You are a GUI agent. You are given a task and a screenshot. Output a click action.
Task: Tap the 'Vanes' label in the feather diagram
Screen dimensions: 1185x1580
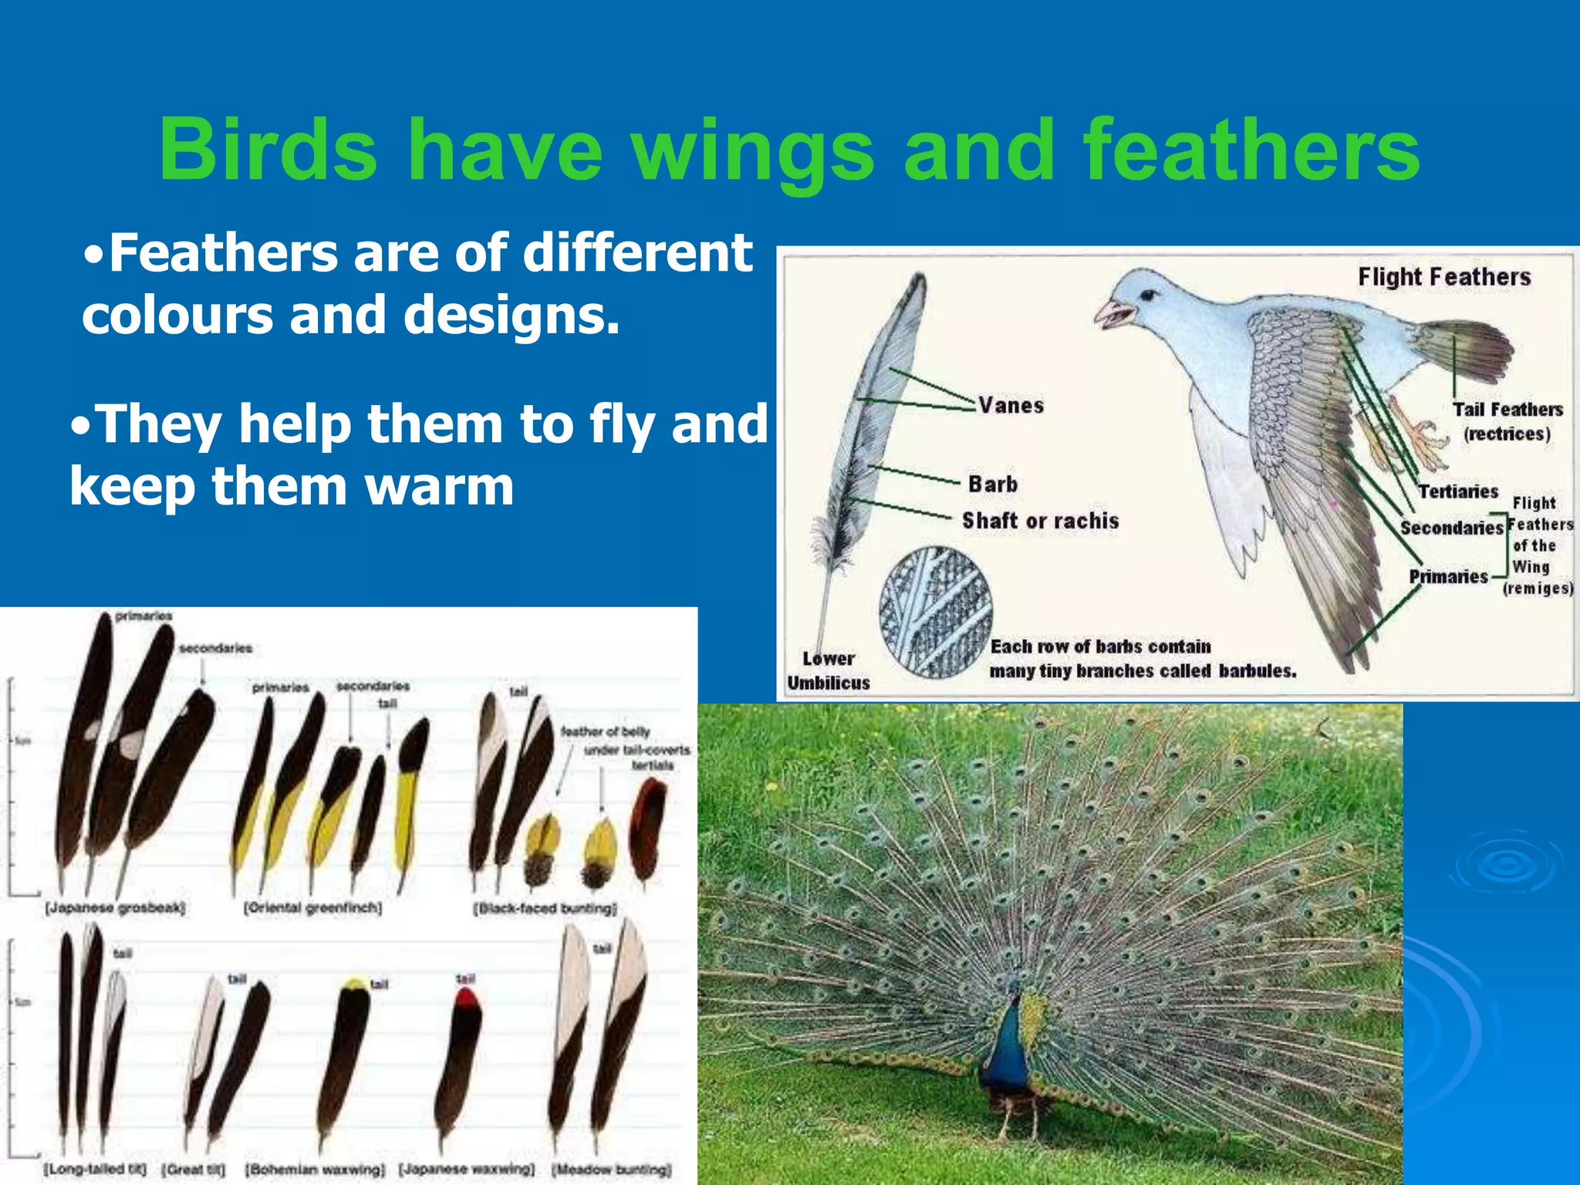[1011, 406]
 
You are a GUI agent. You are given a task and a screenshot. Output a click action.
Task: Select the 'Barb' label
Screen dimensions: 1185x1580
[993, 484]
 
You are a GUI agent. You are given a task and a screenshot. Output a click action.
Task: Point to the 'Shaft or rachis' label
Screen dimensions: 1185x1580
[1040, 521]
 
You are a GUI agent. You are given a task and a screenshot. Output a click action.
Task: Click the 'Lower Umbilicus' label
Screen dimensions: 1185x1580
[829, 670]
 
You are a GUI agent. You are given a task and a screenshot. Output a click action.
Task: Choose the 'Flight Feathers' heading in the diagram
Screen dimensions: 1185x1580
[1443, 277]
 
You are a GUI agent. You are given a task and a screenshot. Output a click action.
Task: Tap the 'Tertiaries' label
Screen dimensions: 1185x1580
[1457, 491]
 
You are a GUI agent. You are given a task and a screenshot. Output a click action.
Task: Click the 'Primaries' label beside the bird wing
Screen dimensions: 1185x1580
[1448, 576]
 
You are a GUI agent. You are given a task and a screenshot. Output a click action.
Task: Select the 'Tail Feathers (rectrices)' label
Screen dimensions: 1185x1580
[1507, 421]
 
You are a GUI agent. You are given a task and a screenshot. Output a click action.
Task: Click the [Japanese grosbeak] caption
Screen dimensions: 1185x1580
[115, 908]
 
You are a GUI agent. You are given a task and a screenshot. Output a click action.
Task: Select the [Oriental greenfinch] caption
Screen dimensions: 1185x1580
[313, 908]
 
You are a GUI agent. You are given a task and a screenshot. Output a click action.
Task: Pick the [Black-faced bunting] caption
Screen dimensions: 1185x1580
[545, 908]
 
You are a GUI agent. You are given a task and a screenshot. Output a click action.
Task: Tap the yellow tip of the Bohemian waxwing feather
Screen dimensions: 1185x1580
[356, 984]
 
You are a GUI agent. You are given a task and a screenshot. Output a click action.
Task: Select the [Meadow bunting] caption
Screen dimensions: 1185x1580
[611, 1170]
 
